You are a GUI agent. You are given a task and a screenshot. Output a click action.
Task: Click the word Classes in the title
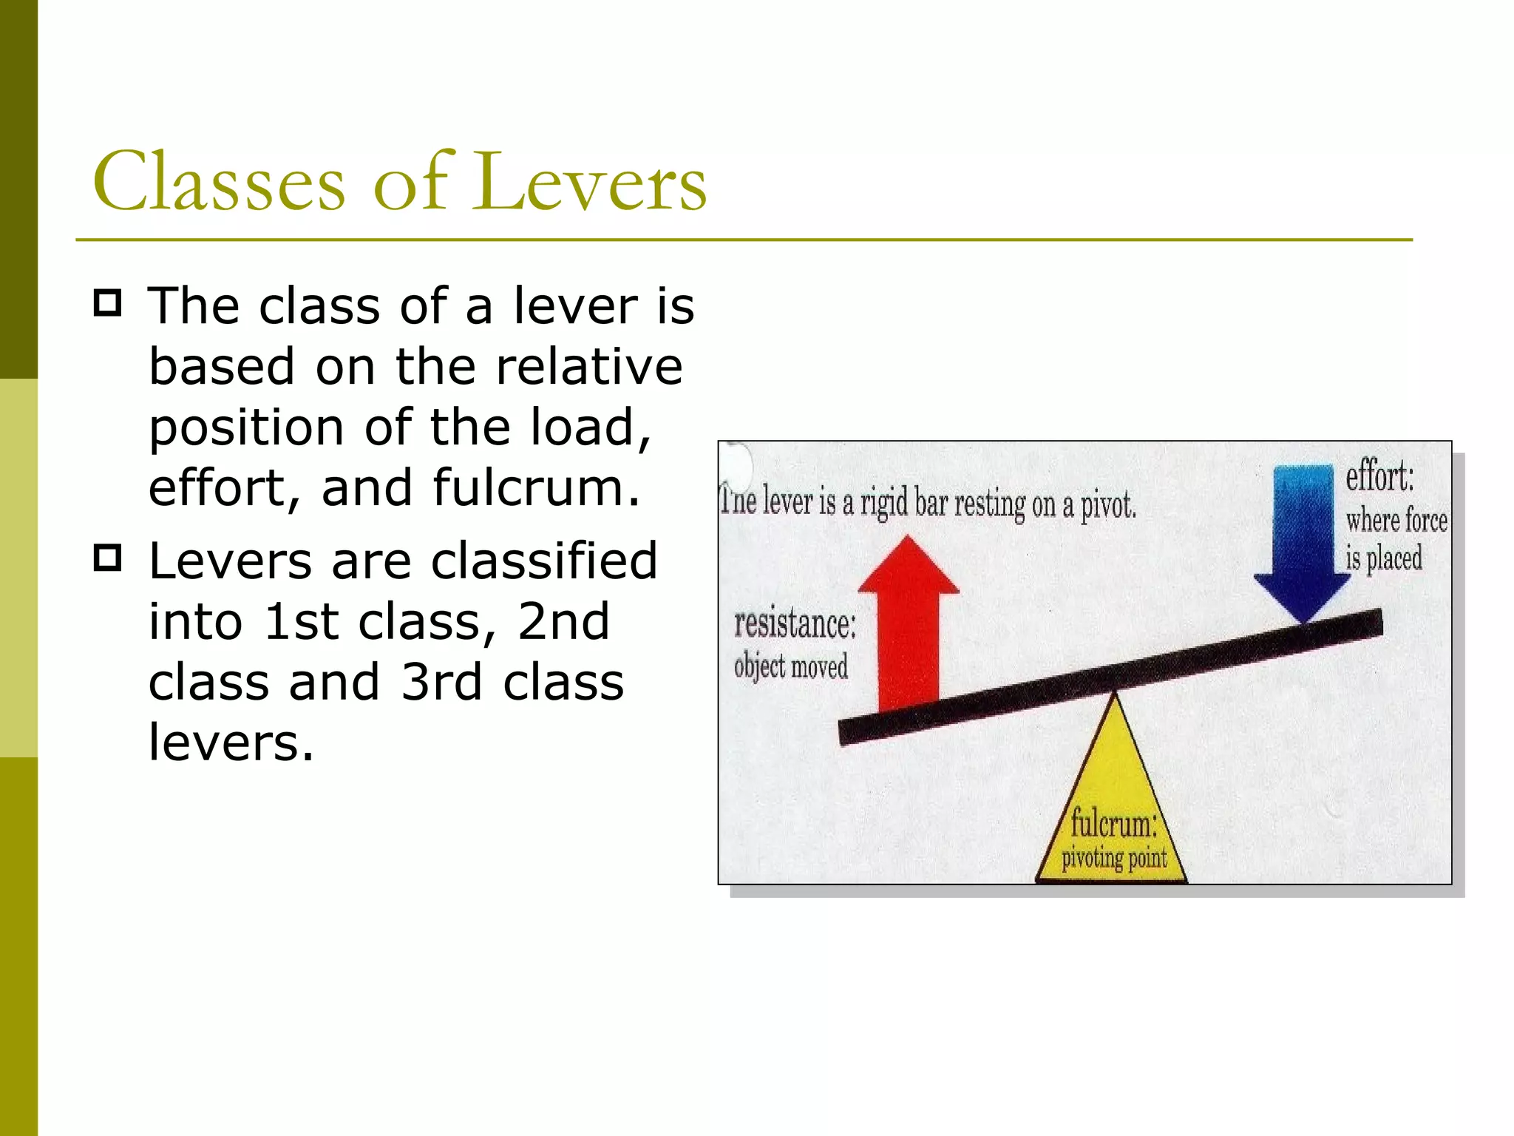(x=219, y=182)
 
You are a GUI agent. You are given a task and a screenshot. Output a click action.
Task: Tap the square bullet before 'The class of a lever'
(x=108, y=303)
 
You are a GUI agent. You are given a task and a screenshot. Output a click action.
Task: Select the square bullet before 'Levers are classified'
(x=108, y=558)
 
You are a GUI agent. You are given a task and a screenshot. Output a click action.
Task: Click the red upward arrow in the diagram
(x=908, y=629)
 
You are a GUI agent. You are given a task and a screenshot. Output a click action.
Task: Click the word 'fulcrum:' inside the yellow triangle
(x=1113, y=824)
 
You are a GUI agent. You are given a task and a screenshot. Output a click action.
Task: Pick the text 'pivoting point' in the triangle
(x=1114, y=859)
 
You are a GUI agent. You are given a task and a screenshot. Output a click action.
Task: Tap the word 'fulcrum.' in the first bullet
(x=536, y=488)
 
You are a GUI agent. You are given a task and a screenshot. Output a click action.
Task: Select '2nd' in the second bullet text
(x=563, y=621)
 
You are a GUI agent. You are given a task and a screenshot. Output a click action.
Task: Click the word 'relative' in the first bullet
(x=588, y=367)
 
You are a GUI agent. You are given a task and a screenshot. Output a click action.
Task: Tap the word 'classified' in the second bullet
(x=544, y=561)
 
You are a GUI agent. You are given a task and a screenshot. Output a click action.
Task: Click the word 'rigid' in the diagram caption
(x=883, y=504)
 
